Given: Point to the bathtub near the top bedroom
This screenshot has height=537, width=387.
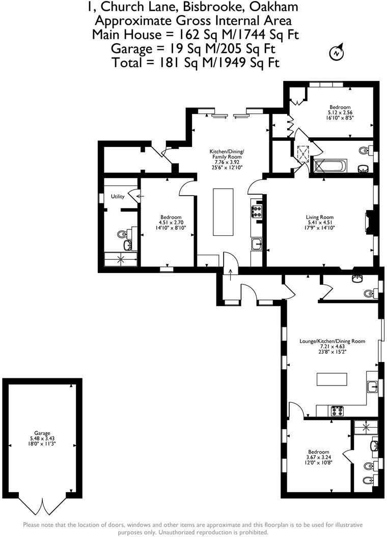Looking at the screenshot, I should [x=330, y=166].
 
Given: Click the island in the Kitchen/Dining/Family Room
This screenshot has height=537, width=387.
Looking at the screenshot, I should [x=223, y=212].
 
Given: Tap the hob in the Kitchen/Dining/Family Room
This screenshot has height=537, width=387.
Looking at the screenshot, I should [x=256, y=211].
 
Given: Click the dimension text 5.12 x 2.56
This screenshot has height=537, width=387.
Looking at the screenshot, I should [x=339, y=112].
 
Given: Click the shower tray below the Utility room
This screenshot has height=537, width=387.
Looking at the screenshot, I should [x=121, y=259].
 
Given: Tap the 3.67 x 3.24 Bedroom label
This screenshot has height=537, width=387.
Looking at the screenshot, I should [x=318, y=457].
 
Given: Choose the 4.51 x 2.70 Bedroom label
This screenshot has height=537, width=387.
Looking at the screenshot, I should [x=168, y=223].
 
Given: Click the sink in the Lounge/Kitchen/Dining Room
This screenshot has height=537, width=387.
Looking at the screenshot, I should [x=372, y=387].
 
